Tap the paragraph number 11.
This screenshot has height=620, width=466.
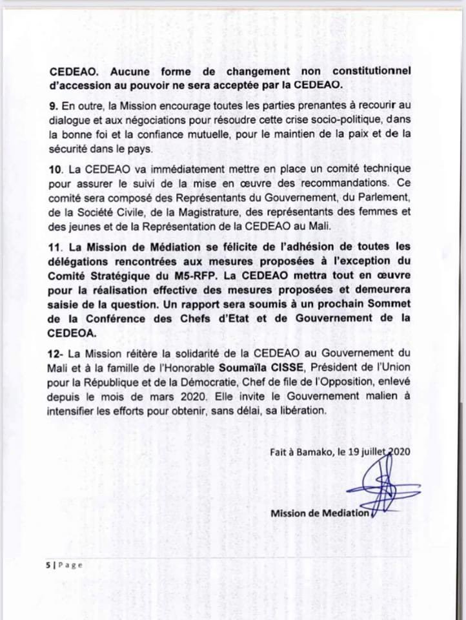coord(54,246)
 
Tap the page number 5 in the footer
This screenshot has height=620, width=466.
coord(48,564)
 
